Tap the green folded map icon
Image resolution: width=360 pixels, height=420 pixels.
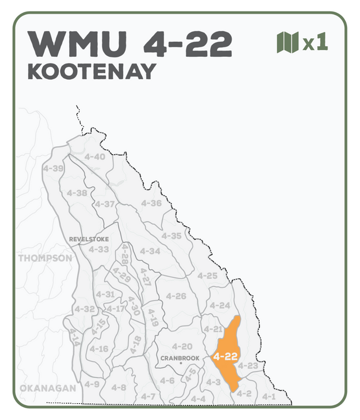pyautogui.click(x=287, y=43)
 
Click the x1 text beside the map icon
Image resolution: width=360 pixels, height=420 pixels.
pyautogui.click(x=316, y=43)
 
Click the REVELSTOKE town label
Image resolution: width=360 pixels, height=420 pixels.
pyautogui.click(x=89, y=239)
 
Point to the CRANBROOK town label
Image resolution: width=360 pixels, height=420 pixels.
pyautogui.click(x=179, y=358)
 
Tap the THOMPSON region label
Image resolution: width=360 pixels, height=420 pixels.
pyautogui.click(x=45, y=259)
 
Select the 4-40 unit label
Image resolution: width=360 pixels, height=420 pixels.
pyautogui.click(x=94, y=157)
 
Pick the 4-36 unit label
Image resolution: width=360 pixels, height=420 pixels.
pyautogui.click(x=151, y=203)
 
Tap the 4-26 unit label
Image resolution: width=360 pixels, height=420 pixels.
pyautogui.click(x=176, y=296)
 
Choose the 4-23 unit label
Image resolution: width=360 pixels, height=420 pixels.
pyautogui.click(x=248, y=366)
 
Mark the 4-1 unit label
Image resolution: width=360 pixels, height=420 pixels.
pyautogui.click(x=269, y=396)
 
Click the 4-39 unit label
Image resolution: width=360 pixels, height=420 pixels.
pyautogui.click(x=53, y=168)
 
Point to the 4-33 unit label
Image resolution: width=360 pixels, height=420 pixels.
pyautogui.click(x=99, y=249)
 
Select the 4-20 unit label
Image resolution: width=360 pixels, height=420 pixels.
pyautogui.click(x=182, y=346)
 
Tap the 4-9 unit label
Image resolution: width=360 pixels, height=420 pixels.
pyautogui.click(x=92, y=384)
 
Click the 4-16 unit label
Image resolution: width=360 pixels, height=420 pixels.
pyautogui.click(x=99, y=349)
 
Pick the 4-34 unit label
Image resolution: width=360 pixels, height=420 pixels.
pyautogui.click(x=150, y=251)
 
